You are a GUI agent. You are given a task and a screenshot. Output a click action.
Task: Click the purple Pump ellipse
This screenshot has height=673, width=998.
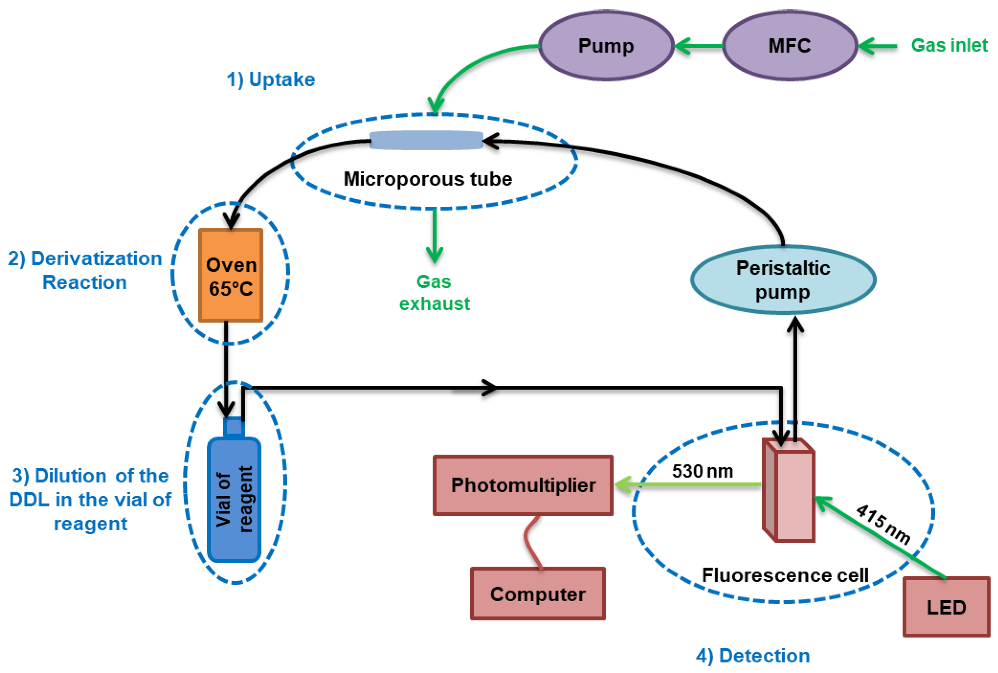tap(606, 46)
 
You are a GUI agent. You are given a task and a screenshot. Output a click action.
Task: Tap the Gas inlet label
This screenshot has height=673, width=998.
tap(949, 46)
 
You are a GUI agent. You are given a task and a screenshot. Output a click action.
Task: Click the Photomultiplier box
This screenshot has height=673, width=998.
tap(523, 485)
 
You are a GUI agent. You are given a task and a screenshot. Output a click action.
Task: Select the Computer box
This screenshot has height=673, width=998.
tap(538, 594)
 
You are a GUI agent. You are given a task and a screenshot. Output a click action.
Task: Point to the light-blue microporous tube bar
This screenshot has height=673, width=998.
tap(426, 140)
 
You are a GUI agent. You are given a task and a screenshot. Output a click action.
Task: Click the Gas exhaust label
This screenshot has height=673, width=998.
tap(434, 293)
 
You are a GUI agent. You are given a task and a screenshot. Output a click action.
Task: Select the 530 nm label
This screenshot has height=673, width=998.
tap(702, 471)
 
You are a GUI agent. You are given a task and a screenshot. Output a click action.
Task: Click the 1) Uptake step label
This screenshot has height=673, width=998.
tap(271, 80)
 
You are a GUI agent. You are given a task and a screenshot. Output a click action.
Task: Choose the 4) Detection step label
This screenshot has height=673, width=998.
tap(752, 656)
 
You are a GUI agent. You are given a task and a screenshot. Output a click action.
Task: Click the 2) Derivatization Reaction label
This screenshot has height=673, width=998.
tap(84, 270)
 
